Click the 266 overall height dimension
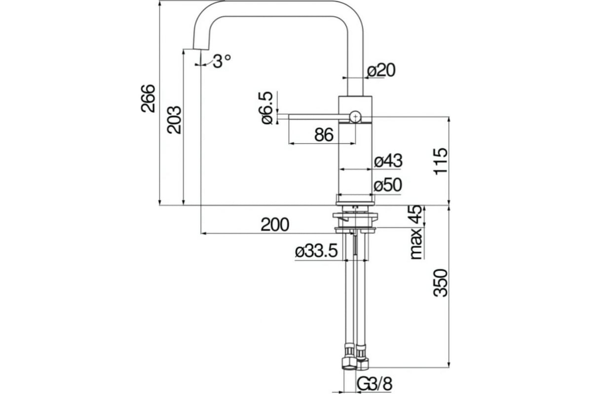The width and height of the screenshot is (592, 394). click(148, 98)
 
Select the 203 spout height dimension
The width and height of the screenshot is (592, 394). click(174, 120)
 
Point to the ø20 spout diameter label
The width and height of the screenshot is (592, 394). click(381, 70)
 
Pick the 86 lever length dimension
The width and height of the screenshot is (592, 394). click(324, 134)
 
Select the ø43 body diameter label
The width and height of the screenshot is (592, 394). click(388, 161)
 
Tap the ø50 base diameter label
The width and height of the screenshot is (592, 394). click(388, 185)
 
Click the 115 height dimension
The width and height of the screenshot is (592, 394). click(440, 160)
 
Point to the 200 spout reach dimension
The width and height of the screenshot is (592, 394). click(274, 225)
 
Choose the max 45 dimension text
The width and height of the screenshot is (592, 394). click(416, 232)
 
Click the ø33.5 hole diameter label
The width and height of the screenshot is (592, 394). click(316, 252)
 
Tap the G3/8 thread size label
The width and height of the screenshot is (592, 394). click(375, 384)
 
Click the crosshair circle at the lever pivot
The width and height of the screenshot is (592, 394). click(355, 116)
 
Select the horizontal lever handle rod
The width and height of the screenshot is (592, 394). click(313, 116)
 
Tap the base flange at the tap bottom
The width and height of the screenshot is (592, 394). click(355, 199)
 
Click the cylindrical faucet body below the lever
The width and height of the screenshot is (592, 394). click(355, 158)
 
